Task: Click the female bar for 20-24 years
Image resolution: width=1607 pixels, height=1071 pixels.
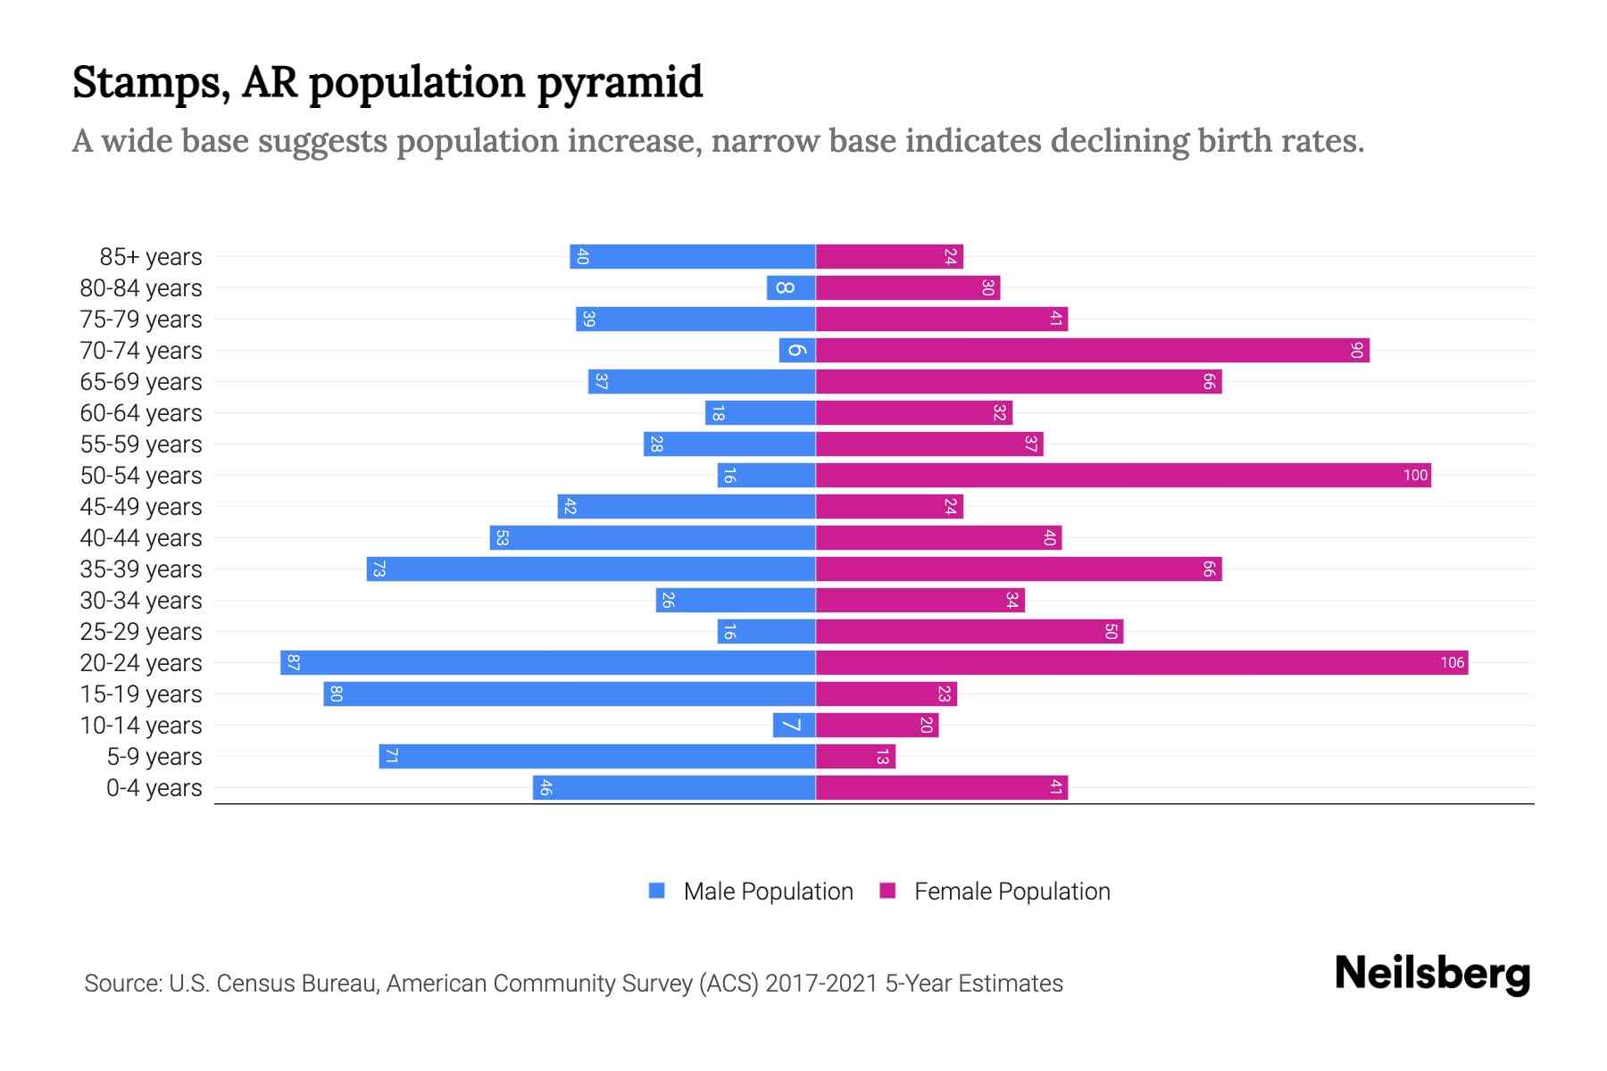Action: point(1141,662)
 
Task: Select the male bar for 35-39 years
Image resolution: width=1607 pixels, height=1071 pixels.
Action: point(591,569)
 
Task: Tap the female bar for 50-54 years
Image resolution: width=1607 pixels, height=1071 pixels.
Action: point(1123,475)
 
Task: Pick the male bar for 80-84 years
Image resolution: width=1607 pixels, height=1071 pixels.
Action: point(791,287)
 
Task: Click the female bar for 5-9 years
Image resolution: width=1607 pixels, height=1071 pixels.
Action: point(855,756)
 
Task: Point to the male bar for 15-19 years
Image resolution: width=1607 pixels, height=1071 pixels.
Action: point(570,693)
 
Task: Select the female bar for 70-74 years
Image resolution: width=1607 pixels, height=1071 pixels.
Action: point(1092,350)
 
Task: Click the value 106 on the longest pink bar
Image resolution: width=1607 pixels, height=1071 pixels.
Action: point(1452,662)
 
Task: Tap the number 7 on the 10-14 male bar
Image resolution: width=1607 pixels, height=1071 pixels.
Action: point(790,725)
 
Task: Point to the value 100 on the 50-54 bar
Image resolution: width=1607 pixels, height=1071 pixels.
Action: point(1415,475)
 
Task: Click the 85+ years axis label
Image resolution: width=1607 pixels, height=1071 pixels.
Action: point(151,257)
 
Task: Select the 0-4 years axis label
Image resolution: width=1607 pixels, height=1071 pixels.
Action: point(154,788)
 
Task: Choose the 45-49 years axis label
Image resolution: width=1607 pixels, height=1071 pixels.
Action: point(141,507)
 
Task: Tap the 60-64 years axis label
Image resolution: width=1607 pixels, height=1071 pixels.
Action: point(141,413)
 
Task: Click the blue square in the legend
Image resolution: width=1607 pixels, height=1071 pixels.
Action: point(657,891)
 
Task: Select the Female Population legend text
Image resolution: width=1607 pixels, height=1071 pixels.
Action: point(1012,891)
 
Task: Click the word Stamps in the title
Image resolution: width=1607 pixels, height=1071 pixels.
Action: point(147,82)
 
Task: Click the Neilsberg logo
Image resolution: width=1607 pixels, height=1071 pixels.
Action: point(1432,973)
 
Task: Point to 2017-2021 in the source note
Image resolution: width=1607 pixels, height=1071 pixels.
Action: point(821,984)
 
